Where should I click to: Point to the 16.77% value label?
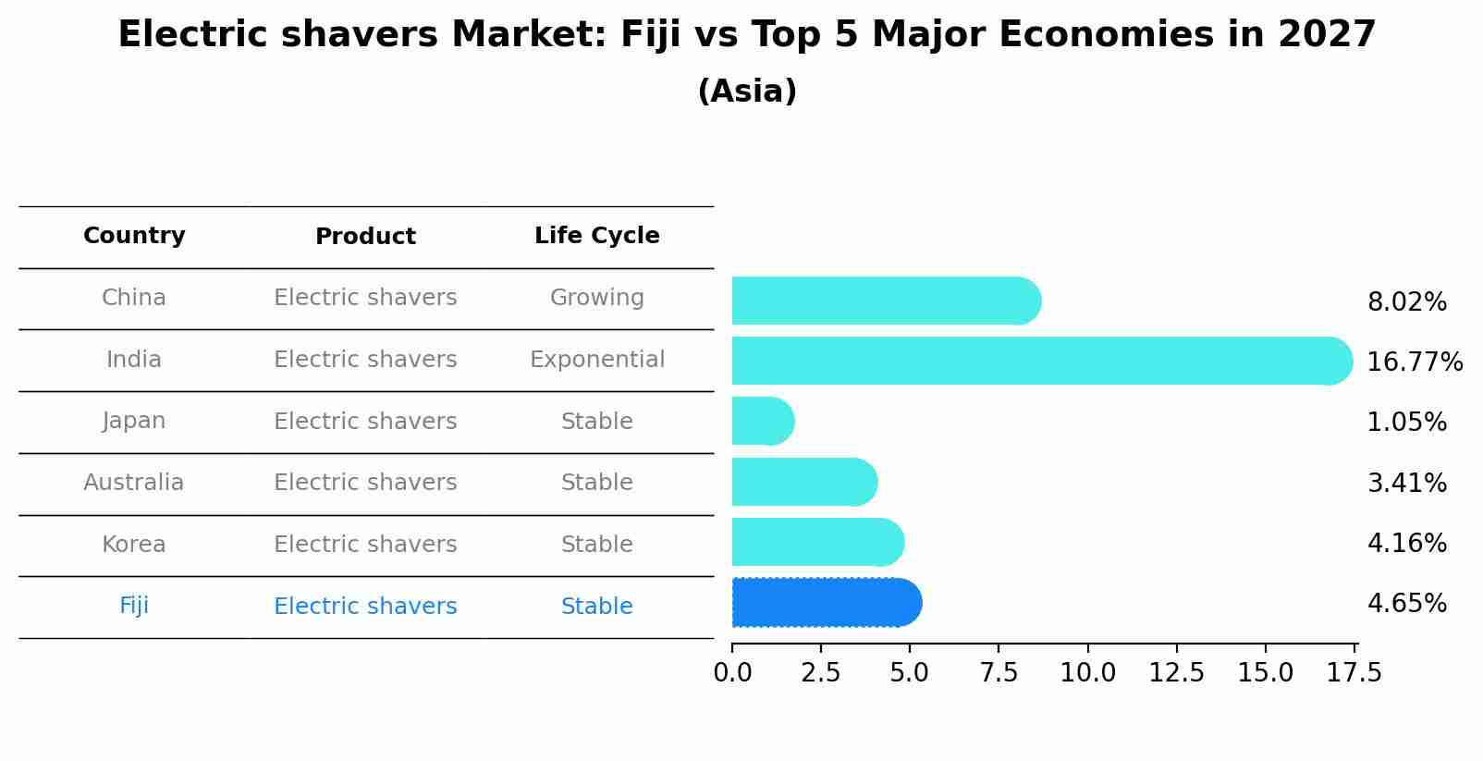(x=1414, y=362)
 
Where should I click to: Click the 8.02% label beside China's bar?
(x=1406, y=302)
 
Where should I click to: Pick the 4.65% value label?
(x=1406, y=604)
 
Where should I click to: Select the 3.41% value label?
(x=1406, y=483)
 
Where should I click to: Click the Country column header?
(x=134, y=236)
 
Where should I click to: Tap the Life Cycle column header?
(x=596, y=236)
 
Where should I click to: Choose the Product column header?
(x=365, y=237)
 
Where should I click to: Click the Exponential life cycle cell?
(x=596, y=360)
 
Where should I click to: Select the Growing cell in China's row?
(x=596, y=298)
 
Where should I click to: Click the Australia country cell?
(x=134, y=483)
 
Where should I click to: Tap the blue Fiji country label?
(x=134, y=606)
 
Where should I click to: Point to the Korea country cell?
(x=134, y=545)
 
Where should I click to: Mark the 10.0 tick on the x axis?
(x=1087, y=673)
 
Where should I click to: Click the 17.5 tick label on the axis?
(x=1354, y=673)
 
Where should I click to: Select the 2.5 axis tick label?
(x=821, y=673)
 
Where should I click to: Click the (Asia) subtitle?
(x=747, y=92)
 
